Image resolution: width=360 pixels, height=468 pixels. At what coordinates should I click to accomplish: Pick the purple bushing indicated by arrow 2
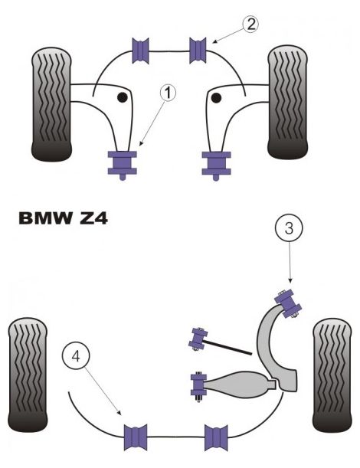click(199, 51)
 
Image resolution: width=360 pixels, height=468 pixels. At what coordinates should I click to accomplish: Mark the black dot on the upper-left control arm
click(121, 97)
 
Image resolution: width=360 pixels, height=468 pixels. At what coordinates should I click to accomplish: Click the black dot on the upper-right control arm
click(217, 97)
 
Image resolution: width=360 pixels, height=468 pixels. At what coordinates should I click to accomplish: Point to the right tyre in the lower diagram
click(334, 375)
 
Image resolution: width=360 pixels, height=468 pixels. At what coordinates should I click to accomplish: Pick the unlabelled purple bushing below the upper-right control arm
click(216, 163)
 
